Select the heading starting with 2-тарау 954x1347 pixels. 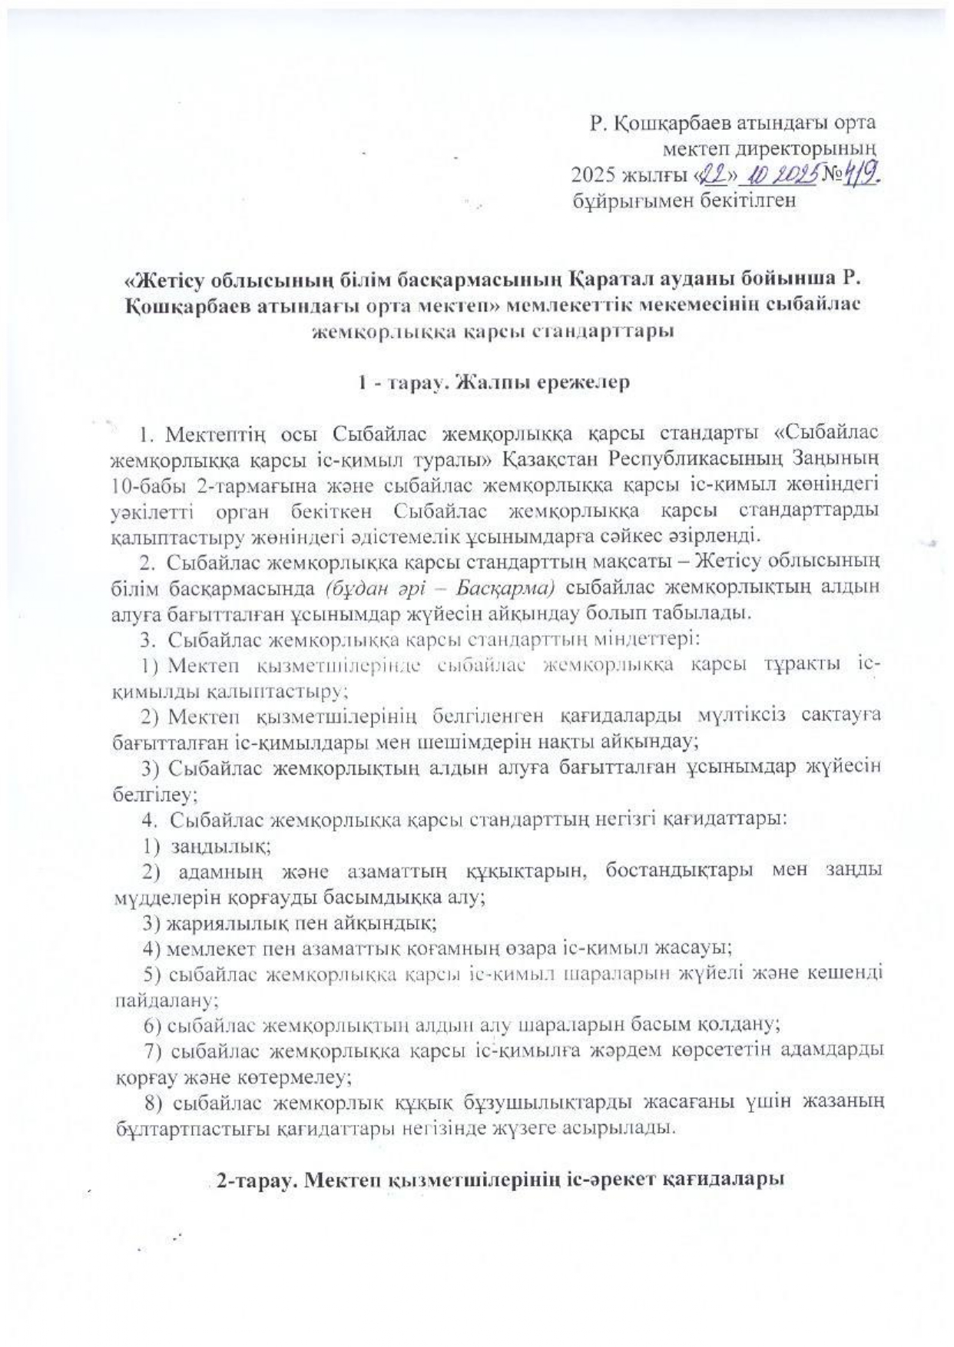click(499, 1182)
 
